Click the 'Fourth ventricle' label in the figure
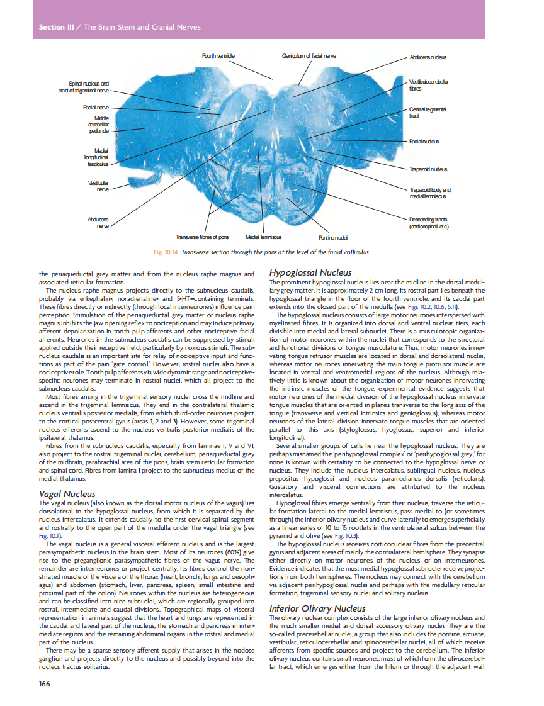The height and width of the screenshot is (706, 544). pyautogui.click(x=218, y=56)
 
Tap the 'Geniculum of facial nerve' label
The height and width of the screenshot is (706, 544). pyautogui.click(x=309, y=56)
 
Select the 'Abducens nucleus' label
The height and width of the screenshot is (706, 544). pyautogui.click(x=428, y=57)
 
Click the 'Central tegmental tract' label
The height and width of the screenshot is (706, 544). pyautogui.click(x=428, y=113)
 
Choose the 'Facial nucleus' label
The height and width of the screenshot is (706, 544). pyautogui.click(x=425, y=141)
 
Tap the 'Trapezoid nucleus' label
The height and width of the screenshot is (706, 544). pyautogui.click(x=428, y=169)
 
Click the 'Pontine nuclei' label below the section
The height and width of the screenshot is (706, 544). pyautogui.click(x=333, y=238)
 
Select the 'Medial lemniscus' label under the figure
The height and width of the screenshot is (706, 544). pyautogui.click(x=263, y=238)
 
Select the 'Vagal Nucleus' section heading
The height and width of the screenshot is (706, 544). pyautogui.click(x=67, y=494)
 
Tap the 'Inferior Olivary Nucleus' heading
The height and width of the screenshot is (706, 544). pyautogui.click(x=317, y=608)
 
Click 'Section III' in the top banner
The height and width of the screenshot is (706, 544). pyautogui.click(x=52, y=27)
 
